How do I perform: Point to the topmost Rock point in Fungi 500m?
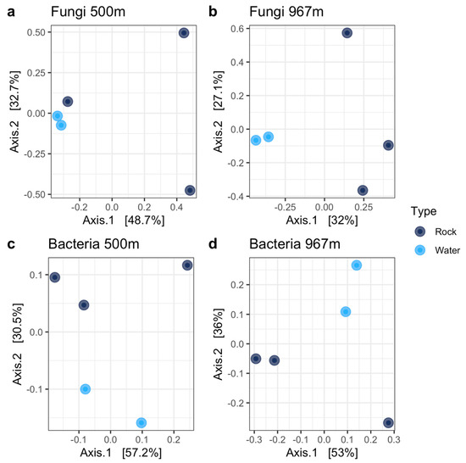tap(184, 33)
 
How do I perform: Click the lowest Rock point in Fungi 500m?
tap(190, 191)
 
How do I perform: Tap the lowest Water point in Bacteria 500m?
tap(141, 422)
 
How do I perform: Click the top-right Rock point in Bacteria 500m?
tap(187, 265)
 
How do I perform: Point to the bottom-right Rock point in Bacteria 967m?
tap(388, 422)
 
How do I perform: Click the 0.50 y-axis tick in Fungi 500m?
tap(33, 32)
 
